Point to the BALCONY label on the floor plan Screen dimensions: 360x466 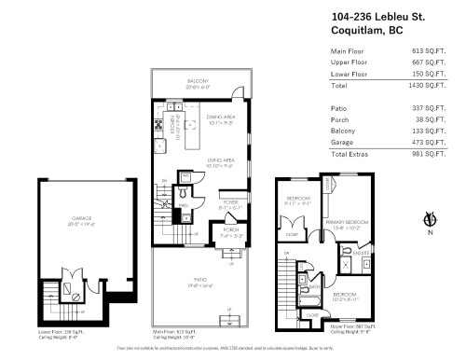[196, 81]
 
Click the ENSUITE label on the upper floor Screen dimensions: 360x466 [362, 252]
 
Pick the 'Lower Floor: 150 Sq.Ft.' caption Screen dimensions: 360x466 [58, 330]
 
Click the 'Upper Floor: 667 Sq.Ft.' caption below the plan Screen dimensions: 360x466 [353, 325]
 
